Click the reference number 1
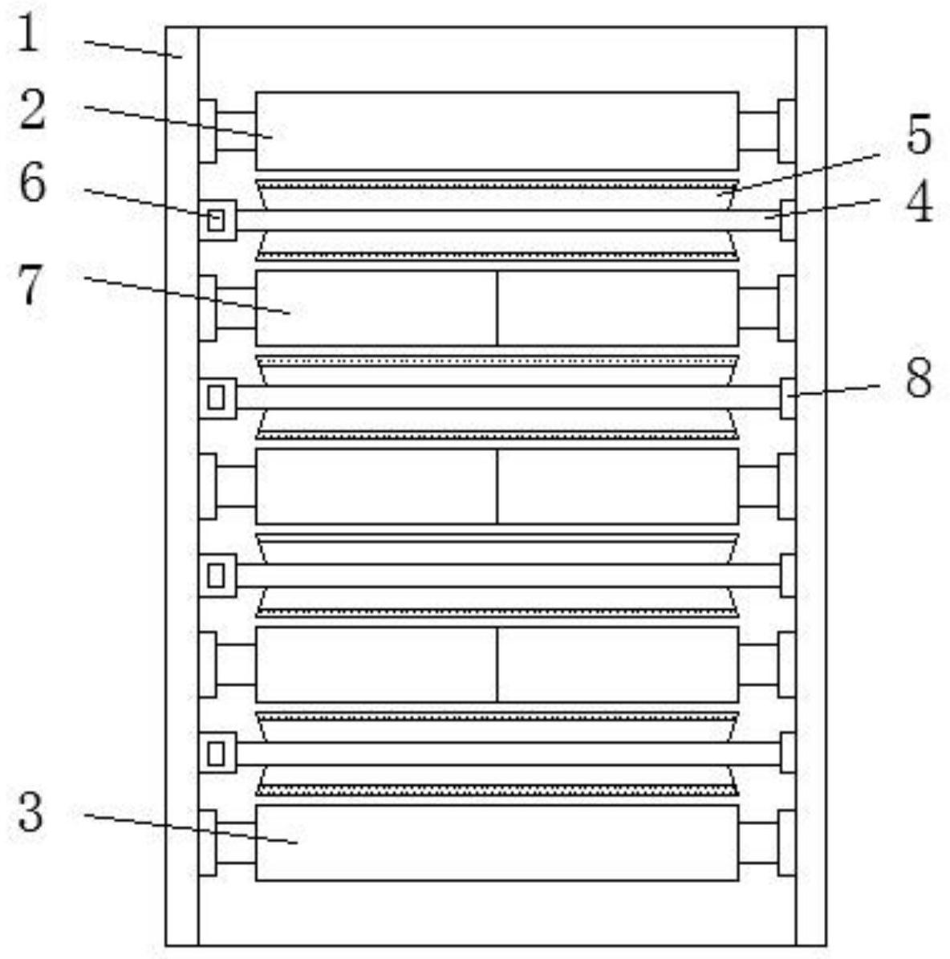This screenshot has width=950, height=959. (29, 37)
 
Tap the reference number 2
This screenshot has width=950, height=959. (32, 110)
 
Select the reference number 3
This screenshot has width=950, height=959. (30, 812)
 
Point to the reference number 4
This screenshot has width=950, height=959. (919, 202)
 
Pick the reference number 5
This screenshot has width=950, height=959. (919, 135)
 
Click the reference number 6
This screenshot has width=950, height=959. (32, 185)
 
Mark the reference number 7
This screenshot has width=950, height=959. (30, 286)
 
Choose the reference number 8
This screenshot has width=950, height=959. (919, 378)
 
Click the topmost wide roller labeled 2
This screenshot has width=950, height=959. (497, 131)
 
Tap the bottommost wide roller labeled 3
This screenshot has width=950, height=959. (497, 843)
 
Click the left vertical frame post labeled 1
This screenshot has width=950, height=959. (182, 482)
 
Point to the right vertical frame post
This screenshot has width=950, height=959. (810, 482)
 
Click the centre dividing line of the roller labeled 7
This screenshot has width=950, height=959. (497, 308)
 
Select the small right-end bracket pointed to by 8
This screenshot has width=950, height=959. (788, 398)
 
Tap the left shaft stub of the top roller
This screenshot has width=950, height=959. (236, 131)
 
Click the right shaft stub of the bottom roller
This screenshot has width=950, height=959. (758, 843)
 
